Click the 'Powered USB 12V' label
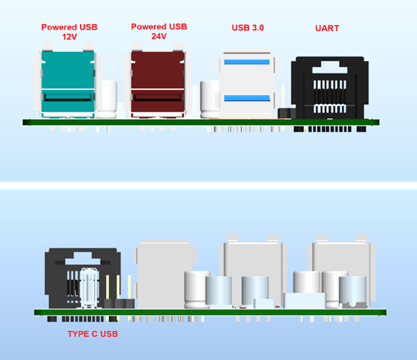[x=69, y=32]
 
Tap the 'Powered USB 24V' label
[x=159, y=31]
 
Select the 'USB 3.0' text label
[x=247, y=27]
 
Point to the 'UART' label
[x=327, y=28]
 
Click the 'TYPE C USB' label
[x=92, y=334]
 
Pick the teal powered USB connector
[x=68, y=84]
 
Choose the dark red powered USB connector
[x=158, y=84]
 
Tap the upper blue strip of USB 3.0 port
[x=247, y=62]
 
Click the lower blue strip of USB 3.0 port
[x=247, y=98]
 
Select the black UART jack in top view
[x=330, y=88]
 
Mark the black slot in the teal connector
[x=68, y=97]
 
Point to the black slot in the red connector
[x=158, y=97]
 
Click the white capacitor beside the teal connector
[x=106, y=99]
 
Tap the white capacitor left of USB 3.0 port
[x=209, y=99]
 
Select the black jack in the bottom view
[x=83, y=278]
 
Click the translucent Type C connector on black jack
[x=89, y=288]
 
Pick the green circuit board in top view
[x=201, y=123]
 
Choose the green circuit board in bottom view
[x=210, y=312]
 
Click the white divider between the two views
[x=208, y=185]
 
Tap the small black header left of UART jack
[x=286, y=113]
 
